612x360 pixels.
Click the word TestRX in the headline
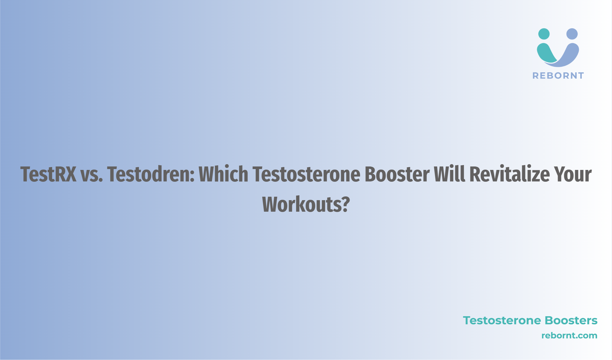tap(48, 174)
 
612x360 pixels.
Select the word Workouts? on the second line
tap(306, 204)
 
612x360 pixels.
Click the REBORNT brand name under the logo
tap(558, 75)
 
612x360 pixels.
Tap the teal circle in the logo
tap(544, 34)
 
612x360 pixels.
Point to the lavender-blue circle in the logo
tap(572, 34)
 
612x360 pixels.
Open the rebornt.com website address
tap(569, 336)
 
